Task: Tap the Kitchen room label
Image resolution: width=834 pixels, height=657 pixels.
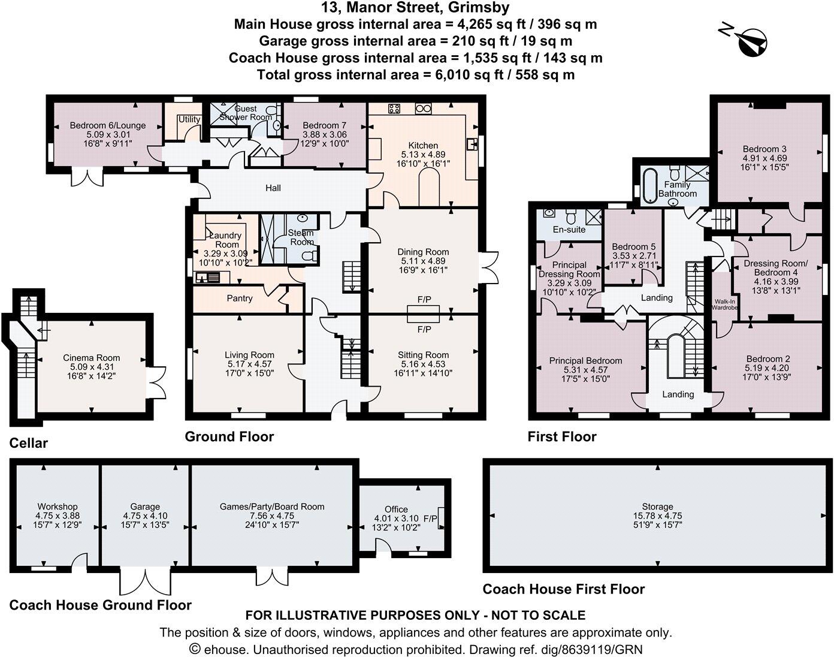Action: tap(423, 146)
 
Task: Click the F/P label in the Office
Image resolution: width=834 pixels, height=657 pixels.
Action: tap(430, 519)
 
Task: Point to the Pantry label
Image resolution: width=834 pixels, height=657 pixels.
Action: tap(240, 299)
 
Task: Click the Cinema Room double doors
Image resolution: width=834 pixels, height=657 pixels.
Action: tap(156, 382)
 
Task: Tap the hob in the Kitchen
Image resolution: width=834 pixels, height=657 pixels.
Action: tap(394, 109)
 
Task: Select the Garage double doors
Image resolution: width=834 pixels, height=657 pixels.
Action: tap(146, 581)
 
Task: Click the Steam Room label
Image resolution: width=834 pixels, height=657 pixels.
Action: tap(301, 237)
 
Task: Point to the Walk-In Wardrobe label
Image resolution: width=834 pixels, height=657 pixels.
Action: tap(725, 305)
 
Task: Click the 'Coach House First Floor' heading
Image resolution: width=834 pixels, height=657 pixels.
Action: tap(564, 589)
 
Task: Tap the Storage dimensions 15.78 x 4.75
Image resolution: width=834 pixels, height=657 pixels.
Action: tap(658, 516)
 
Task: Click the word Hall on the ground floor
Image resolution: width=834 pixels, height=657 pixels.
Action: tap(273, 188)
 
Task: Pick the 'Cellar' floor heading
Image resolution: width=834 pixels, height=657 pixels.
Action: tap(29, 443)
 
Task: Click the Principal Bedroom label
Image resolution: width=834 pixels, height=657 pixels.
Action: tap(585, 361)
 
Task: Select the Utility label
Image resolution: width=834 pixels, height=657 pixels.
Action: tap(189, 119)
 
